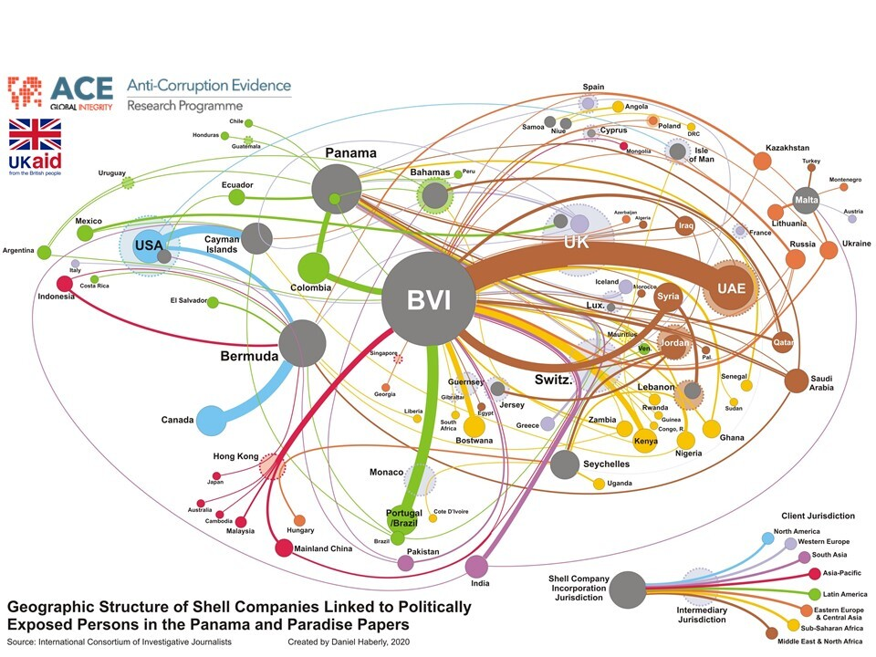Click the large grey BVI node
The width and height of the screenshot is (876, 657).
coord(429,299)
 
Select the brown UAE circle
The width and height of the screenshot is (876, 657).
coord(731,287)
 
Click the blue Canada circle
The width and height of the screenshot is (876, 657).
coord(212,420)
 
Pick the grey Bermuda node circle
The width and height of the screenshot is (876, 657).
coord(303,343)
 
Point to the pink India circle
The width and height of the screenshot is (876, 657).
coord(476,568)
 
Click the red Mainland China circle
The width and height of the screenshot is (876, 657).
coord(284,549)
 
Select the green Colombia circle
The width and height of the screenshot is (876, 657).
coord(313,268)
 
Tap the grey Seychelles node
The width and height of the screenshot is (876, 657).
coord(565,464)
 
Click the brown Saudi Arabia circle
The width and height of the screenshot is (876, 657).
coord(796,381)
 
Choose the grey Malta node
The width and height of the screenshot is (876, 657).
coord(806,199)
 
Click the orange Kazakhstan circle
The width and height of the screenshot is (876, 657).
coord(762,162)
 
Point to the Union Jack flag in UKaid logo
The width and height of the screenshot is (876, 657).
coord(35,135)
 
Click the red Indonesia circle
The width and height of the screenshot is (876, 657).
coord(65,283)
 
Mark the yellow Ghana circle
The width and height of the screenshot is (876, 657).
coord(712,429)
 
